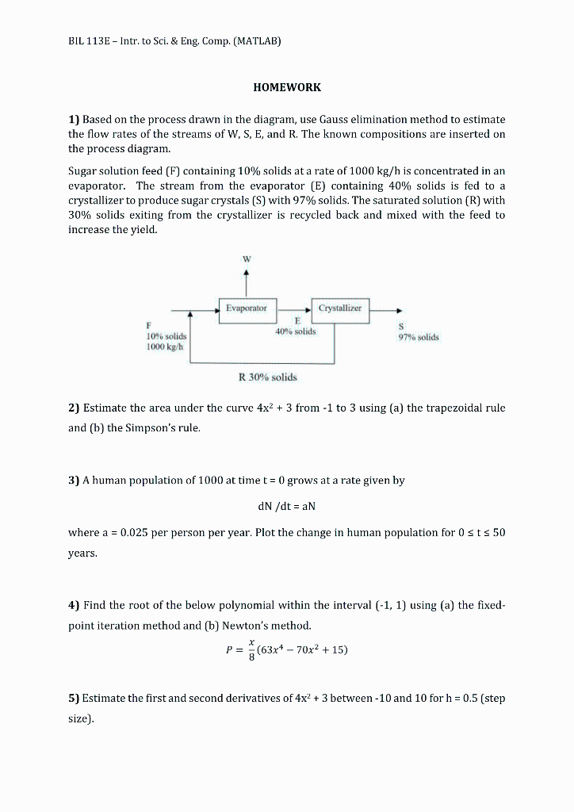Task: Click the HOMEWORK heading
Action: (x=286, y=87)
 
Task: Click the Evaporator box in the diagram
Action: (x=247, y=308)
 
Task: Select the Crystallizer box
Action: (x=340, y=308)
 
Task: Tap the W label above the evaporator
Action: (x=246, y=258)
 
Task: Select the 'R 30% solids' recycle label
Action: (x=267, y=377)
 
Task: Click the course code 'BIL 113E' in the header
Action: (x=90, y=40)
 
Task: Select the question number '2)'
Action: (x=74, y=408)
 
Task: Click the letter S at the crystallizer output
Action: (x=401, y=326)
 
